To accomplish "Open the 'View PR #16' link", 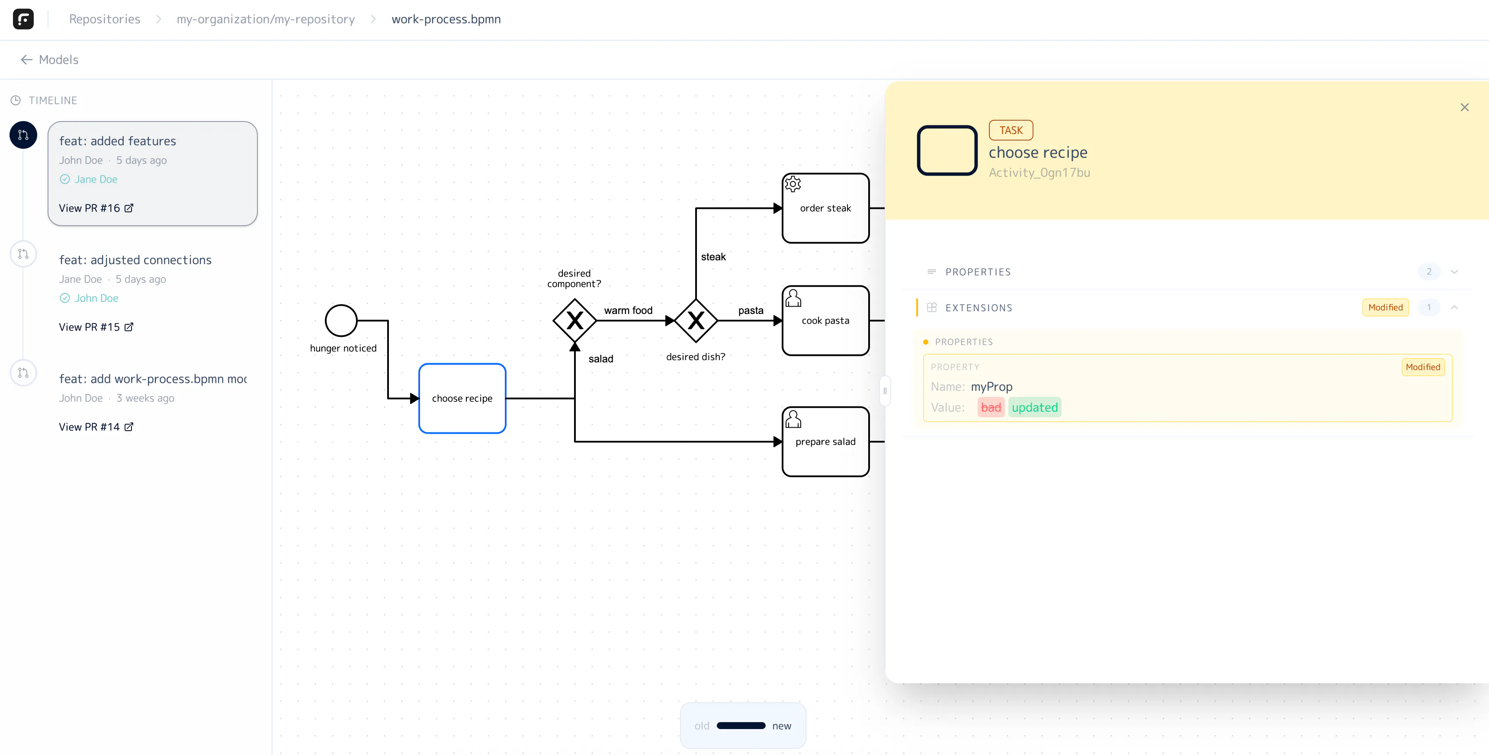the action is click(x=96, y=208).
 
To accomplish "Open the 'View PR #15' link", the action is click(x=96, y=327).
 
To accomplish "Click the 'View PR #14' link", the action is click(x=96, y=427).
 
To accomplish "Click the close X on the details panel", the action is click(x=1464, y=107).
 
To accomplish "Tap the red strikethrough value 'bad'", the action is click(x=991, y=407).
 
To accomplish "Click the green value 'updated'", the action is click(x=1035, y=407).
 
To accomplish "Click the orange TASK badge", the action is click(x=1011, y=130).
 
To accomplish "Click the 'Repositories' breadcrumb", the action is click(x=105, y=19).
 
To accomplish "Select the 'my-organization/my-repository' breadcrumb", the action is click(x=266, y=19).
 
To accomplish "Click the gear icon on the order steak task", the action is click(x=793, y=184).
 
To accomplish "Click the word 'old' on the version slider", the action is click(x=702, y=726).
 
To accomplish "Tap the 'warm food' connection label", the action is click(x=628, y=310).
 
